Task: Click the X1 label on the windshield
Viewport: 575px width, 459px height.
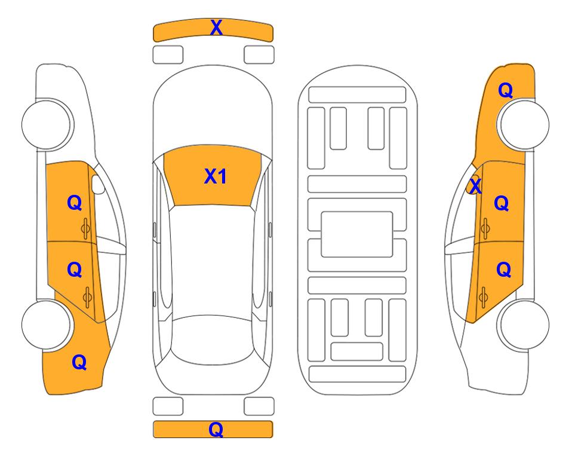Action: [x=216, y=176]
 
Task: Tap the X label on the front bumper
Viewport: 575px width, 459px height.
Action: [x=216, y=27]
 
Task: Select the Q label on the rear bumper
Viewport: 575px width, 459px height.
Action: [x=216, y=429]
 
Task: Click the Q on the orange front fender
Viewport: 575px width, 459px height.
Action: [x=505, y=90]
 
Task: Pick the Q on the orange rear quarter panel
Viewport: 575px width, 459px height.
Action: [x=79, y=362]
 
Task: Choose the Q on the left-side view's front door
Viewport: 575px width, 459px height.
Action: [x=75, y=203]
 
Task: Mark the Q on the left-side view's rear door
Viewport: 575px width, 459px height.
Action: [x=75, y=270]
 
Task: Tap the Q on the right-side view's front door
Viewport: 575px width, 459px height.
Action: [x=502, y=203]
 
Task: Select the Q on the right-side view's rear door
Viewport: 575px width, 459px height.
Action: [x=503, y=270]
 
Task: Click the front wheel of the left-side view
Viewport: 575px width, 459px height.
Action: [x=47, y=124]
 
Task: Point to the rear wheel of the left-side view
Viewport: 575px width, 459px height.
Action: [x=46, y=325]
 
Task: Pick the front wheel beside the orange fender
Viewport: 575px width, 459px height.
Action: [x=523, y=124]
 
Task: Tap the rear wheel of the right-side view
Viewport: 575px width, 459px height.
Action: [x=524, y=325]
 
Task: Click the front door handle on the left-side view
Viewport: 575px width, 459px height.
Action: [x=85, y=229]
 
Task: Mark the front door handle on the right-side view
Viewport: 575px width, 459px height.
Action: [x=485, y=228]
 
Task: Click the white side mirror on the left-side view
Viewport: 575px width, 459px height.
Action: [x=97, y=184]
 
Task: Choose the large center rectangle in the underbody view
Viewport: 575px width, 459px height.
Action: [x=357, y=234]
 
